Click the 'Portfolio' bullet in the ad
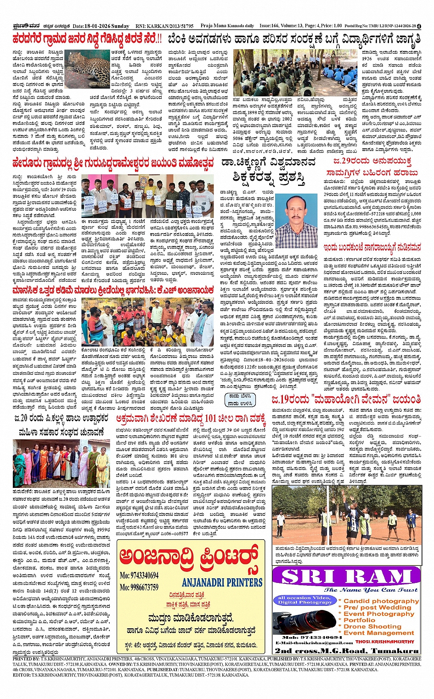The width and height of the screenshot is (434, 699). click(x=359, y=620)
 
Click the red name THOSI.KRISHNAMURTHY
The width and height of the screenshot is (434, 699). click(x=384, y=642)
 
